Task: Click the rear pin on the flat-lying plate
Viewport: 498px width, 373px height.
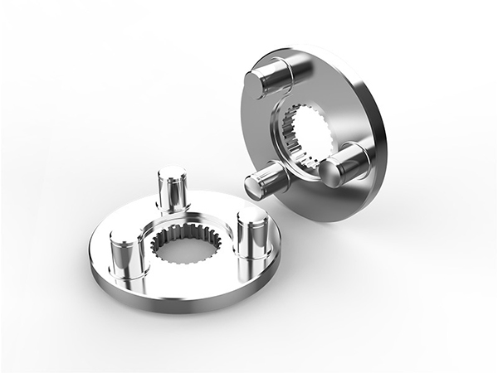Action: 171,190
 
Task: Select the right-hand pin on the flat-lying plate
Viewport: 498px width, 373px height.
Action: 250,235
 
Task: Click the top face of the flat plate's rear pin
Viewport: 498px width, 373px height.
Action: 171,175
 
